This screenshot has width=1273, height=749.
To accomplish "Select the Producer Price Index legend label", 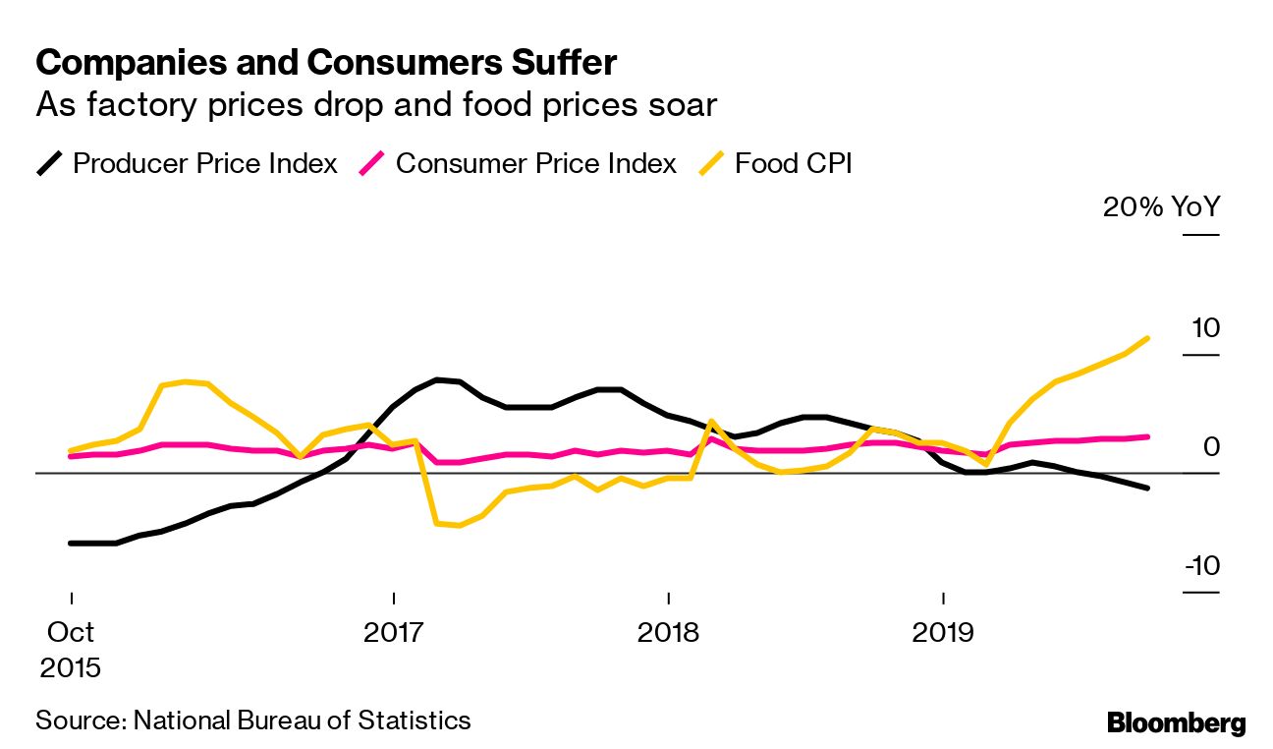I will tap(205, 163).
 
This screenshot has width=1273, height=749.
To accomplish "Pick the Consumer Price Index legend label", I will tap(536, 163).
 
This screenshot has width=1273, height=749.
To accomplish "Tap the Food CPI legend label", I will tap(793, 163).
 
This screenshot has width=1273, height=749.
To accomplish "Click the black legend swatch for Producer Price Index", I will tap(50, 163).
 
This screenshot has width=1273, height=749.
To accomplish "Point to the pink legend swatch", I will tap(373, 163).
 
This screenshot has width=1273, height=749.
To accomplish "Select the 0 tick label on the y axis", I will tap(1211, 446).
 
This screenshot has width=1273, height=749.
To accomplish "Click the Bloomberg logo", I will tap(1176, 723).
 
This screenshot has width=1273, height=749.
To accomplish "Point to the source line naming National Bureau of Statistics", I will tap(253, 720).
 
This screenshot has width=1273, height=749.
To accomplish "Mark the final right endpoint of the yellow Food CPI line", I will tap(1148, 338).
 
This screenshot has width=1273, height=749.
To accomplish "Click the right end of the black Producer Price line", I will tap(1147, 488).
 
